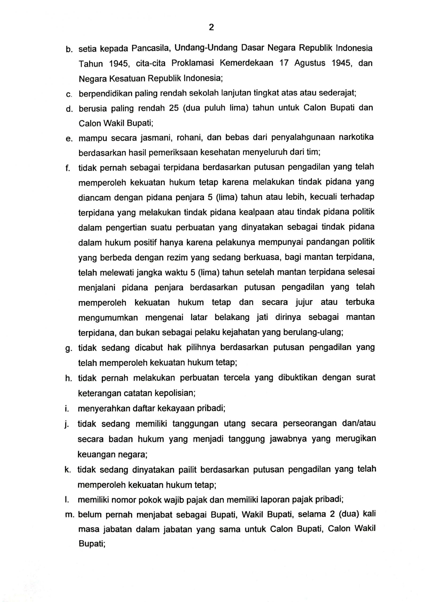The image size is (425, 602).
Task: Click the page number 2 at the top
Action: [x=211, y=27]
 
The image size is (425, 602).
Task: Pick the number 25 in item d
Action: [x=173, y=108]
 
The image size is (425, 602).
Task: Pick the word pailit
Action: [x=187, y=469]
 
